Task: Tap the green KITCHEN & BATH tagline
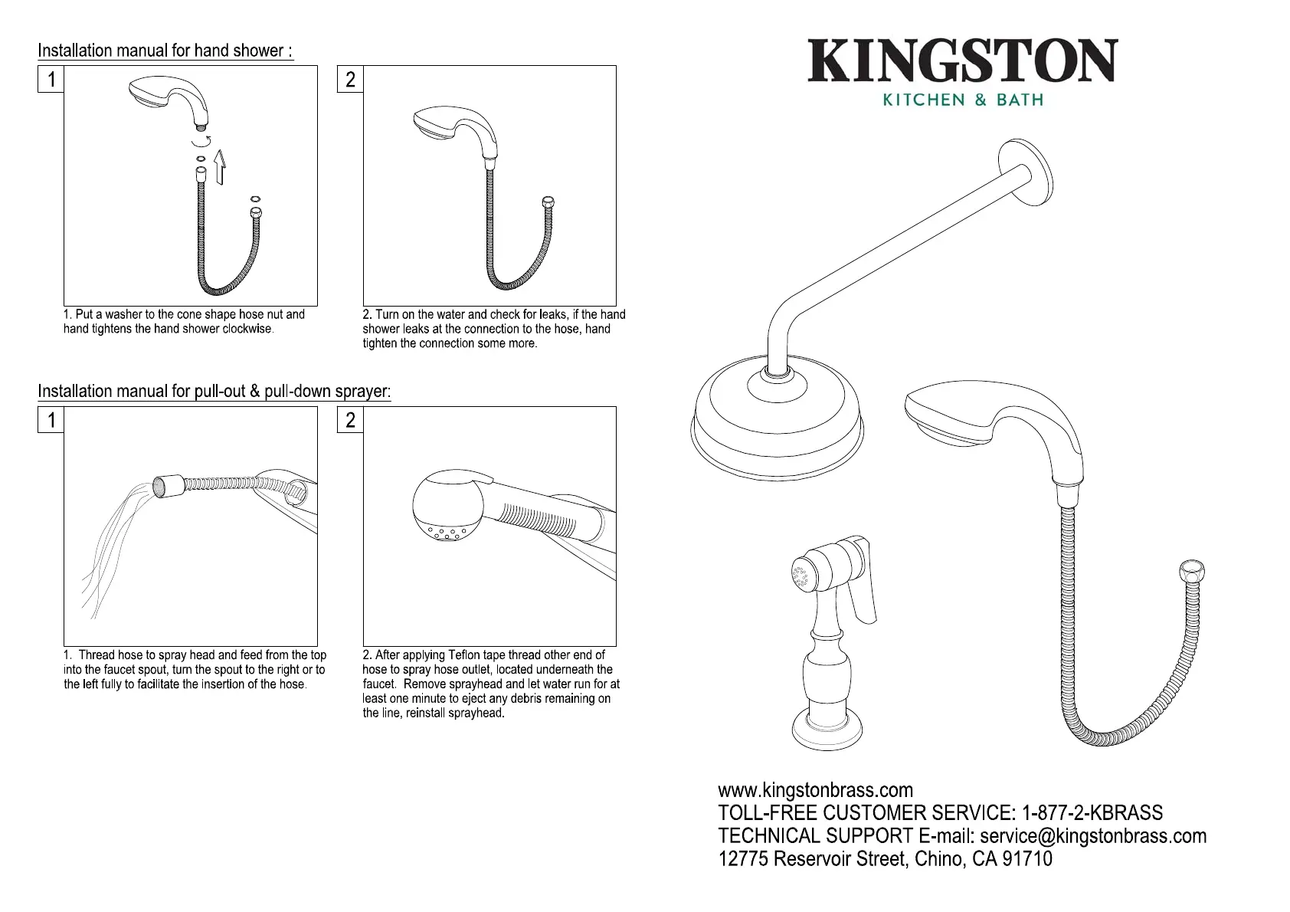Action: point(963,100)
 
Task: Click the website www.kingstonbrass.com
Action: point(815,790)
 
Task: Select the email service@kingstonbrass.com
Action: point(1093,836)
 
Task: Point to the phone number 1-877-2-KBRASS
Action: point(1092,813)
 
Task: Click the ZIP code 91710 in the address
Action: point(1027,859)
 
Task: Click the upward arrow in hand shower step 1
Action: point(221,168)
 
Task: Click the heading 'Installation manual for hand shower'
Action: point(165,51)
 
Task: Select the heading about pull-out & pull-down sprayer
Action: point(214,392)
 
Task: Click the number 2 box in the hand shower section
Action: point(350,80)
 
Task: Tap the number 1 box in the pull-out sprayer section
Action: point(51,420)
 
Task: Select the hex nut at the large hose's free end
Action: point(1190,574)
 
